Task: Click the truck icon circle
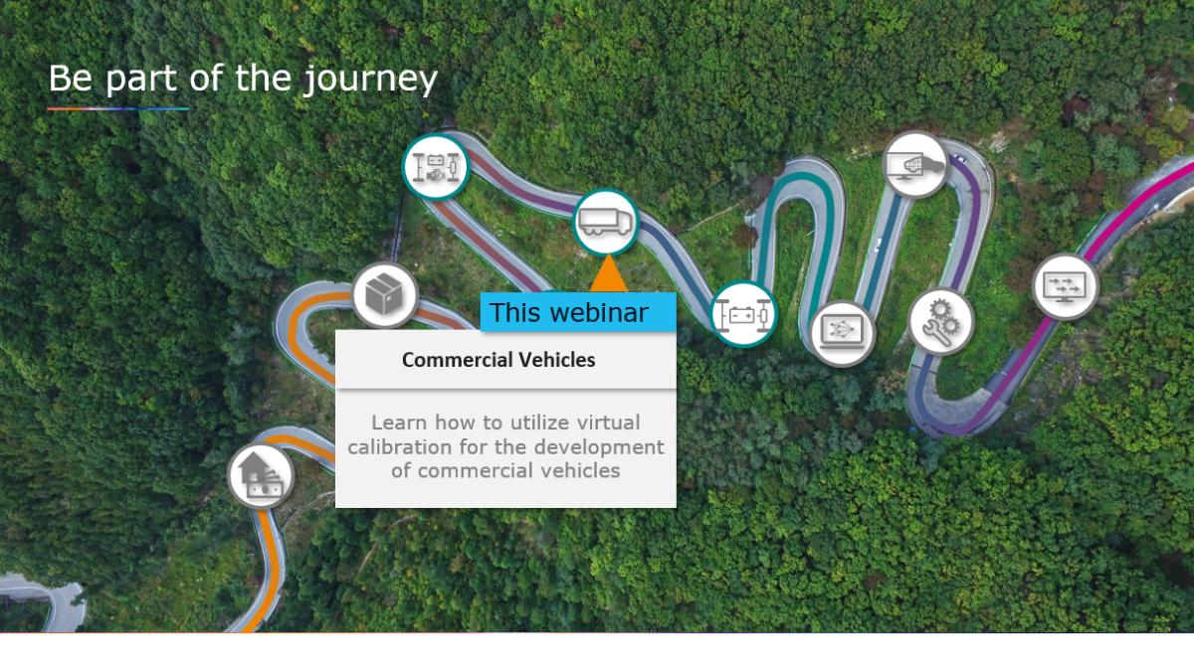coord(606,222)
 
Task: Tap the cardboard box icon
coord(384,294)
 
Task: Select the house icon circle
coord(261,475)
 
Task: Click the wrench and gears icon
coord(941,322)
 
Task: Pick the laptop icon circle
coord(842,333)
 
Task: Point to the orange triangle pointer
coord(608,273)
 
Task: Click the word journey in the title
coord(370,80)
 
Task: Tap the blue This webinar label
coord(578,312)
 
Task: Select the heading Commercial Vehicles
coord(498,360)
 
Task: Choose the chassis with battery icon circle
coord(743,314)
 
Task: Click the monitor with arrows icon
coord(1065,286)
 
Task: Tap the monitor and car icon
coord(915,165)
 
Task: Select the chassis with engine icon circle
coord(436,167)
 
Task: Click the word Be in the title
coord(71,78)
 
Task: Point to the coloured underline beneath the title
coord(117,108)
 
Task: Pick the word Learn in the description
coord(399,422)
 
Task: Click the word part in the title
coord(140,80)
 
